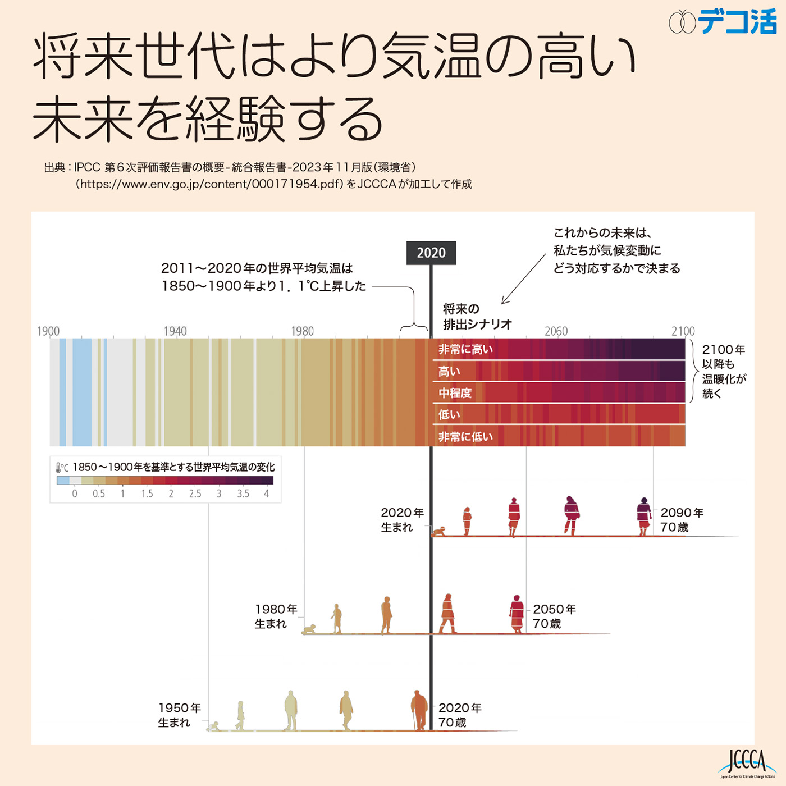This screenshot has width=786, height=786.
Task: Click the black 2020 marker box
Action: point(431,253)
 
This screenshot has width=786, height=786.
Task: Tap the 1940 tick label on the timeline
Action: point(175,331)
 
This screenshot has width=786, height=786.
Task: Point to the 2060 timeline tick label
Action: point(556,331)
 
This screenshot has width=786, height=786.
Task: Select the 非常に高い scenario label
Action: point(465,349)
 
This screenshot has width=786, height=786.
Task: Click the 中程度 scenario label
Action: point(455,393)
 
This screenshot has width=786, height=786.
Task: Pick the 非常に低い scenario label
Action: point(465,437)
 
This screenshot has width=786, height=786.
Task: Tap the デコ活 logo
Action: point(723,21)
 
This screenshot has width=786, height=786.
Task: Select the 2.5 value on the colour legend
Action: point(195,494)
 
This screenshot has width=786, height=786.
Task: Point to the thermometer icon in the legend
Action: point(58,467)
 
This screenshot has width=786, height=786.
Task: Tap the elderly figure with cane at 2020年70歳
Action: point(419,710)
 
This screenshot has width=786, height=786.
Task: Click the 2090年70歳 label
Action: point(682,520)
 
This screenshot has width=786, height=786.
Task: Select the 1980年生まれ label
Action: point(276,616)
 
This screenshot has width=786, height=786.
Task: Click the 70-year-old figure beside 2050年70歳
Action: point(517,614)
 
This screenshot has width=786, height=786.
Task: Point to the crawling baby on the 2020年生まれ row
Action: point(439,531)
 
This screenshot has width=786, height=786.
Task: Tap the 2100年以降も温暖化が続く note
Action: point(724,371)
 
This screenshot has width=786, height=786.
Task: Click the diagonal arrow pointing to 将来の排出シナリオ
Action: point(523,278)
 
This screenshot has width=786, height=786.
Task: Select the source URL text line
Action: point(274,184)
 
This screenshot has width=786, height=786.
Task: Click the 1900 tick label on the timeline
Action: point(48,331)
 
